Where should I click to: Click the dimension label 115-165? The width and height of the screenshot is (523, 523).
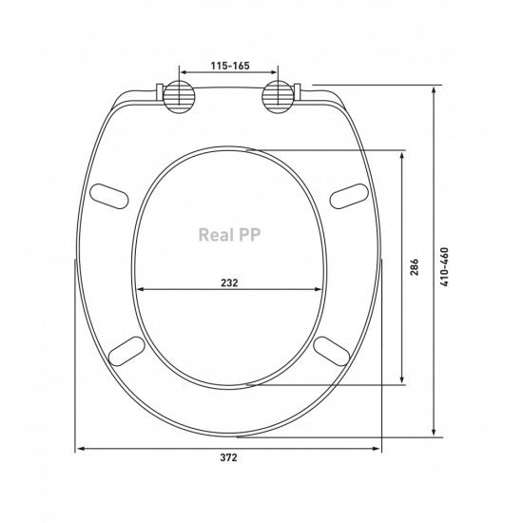230,66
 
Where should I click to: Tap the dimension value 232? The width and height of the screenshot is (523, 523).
229,282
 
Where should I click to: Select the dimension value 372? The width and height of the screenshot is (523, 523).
228,457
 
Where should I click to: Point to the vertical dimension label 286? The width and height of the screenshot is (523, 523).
414,267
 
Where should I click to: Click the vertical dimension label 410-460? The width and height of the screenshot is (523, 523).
445,267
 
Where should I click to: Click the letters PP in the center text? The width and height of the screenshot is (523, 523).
249,235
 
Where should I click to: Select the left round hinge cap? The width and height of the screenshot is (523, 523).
180,97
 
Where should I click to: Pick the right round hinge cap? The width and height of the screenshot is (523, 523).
278,97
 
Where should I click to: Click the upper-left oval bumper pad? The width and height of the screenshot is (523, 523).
109,196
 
